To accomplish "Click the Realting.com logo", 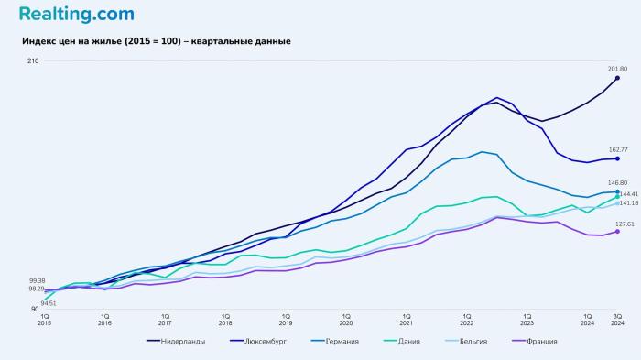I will point(76,15).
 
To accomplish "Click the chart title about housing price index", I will point(156,41).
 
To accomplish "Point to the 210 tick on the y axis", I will point(33,61).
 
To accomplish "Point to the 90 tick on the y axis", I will point(35,310).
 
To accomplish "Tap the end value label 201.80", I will point(617,69).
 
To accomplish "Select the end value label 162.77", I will point(617,149).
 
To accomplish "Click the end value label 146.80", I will point(617,183).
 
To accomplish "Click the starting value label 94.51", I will point(48,303).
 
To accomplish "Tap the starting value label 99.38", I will point(37,280).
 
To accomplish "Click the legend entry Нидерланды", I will point(176,342).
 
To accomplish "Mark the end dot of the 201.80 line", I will point(617,78).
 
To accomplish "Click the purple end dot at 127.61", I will point(617,231).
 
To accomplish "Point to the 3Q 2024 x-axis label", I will point(617,319).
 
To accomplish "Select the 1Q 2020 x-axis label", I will point(345,319).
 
